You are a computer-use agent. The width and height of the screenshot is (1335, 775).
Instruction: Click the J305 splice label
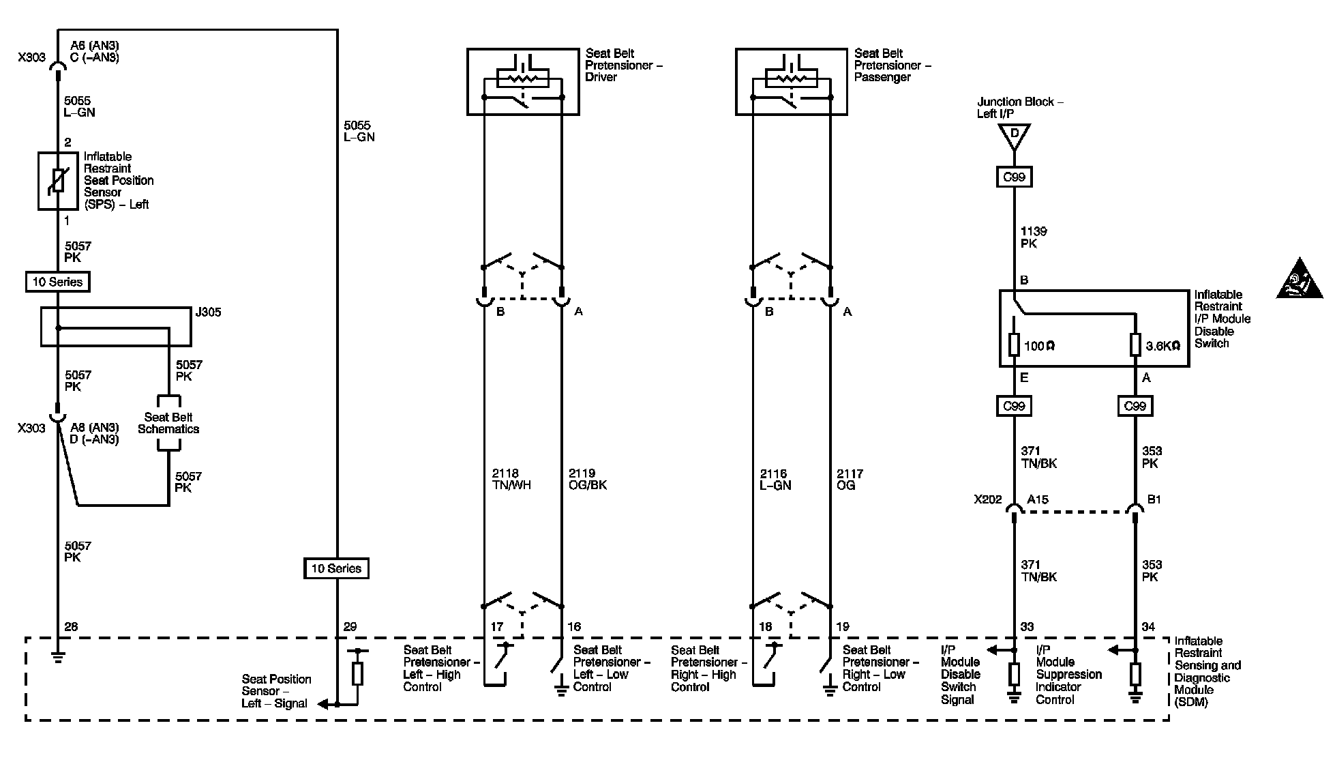click(208, 312)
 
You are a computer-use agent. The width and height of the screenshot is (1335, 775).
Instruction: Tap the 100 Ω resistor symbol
click(1014, 345)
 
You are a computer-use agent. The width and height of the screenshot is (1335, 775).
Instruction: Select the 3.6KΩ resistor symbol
click(1135, 345)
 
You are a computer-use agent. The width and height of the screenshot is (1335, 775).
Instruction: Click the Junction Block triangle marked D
click(1014, 135)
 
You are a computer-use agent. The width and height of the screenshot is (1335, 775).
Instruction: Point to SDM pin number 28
click(71, 626)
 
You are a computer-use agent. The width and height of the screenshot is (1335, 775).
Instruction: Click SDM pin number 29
click(350, 626)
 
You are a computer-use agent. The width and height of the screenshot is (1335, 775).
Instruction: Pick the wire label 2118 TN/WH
click(511, 479)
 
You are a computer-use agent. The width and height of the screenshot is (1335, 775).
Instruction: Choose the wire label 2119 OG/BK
click(587, 479)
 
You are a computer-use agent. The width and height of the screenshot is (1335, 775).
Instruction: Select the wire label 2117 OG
click(850, 479)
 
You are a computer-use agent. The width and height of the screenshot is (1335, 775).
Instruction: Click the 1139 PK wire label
click(1034, 237)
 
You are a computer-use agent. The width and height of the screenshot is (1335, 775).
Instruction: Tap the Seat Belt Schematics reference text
click(168, 423)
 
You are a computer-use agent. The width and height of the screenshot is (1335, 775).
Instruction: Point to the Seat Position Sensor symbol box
click(58, 181)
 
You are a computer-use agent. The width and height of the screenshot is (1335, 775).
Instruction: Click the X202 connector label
click(988, 499)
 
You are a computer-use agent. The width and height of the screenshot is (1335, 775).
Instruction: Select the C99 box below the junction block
click(1014, 177)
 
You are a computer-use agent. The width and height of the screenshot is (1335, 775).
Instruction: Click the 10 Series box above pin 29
click(336, 568)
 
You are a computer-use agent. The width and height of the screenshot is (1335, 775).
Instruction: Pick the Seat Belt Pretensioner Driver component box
click(523, 82)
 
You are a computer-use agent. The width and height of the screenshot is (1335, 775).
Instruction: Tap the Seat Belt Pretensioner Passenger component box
click(792, 82)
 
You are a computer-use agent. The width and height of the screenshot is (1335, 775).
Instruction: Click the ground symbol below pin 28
click(57, 656)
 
